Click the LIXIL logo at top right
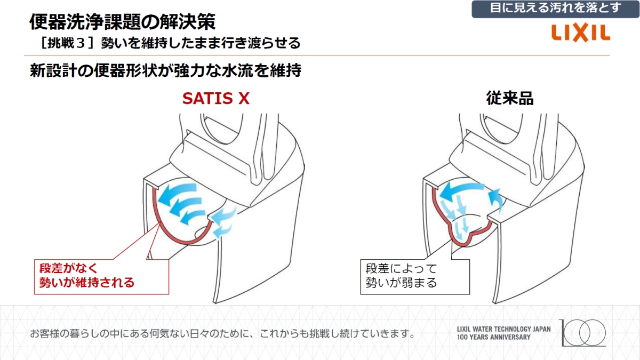581,33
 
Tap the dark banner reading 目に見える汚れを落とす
555,9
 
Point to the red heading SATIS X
216,99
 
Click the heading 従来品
509,99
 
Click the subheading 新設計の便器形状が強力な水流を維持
165,71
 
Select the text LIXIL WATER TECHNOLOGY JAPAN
503,329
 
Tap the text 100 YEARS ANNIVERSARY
494,337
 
